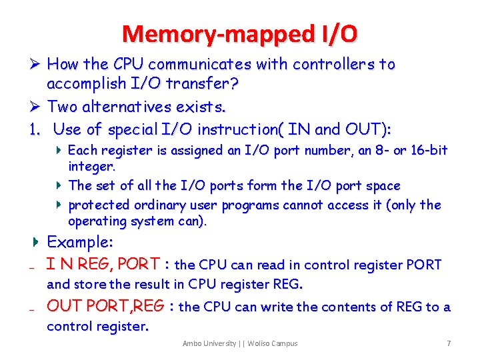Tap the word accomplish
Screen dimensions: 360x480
point(89,85)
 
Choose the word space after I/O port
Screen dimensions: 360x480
point(375,185)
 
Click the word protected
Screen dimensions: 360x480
point(101,205)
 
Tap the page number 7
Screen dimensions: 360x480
point(449,343)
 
